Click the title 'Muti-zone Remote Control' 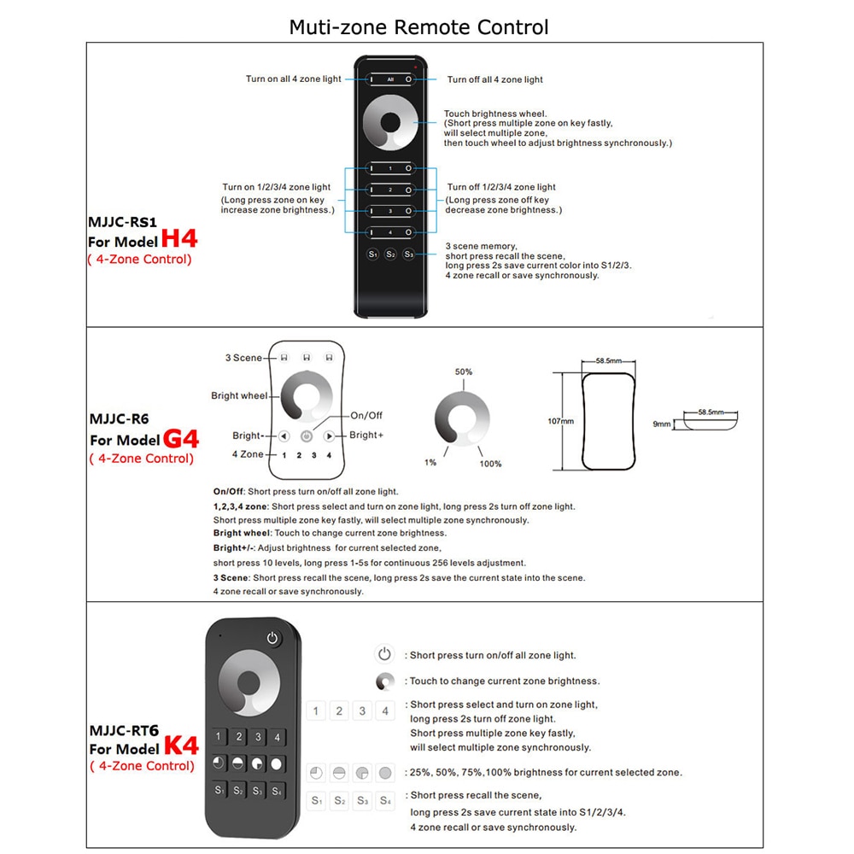[418, 27]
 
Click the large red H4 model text [178, 238]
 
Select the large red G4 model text [180, 439]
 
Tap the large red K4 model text [180, 746]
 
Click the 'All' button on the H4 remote [390, 79]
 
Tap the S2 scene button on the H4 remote [390, 254]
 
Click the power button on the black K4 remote [272, 638]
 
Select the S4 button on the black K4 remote [278, 791]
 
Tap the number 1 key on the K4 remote [219, 737]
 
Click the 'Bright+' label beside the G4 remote [366, 435]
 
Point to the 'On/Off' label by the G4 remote [366, 415]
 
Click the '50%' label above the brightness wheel [464, 372]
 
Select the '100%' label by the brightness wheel [490, 464]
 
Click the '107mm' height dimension [560, 421]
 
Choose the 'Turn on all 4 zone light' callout [294, 79]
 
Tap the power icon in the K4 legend [385, 655]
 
